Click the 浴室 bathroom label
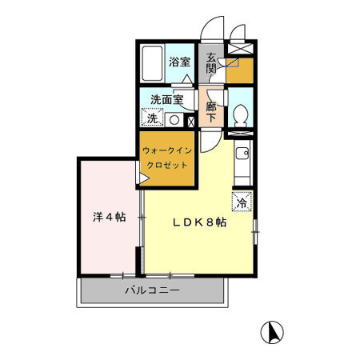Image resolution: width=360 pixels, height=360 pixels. [x=179, y=62]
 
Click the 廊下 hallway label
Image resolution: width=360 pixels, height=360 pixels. [x=211, y=111]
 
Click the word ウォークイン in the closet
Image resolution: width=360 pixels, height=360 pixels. [x=166, y=150]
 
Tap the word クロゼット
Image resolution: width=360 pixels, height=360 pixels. [x=166, y=165]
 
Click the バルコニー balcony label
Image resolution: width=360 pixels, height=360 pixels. [x=151, y=291]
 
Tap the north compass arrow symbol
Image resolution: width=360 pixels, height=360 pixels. [x=271, y=330]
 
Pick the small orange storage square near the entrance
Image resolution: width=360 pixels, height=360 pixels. [x=238, y=70]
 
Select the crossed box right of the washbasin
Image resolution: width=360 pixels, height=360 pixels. [x=190, y=122]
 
